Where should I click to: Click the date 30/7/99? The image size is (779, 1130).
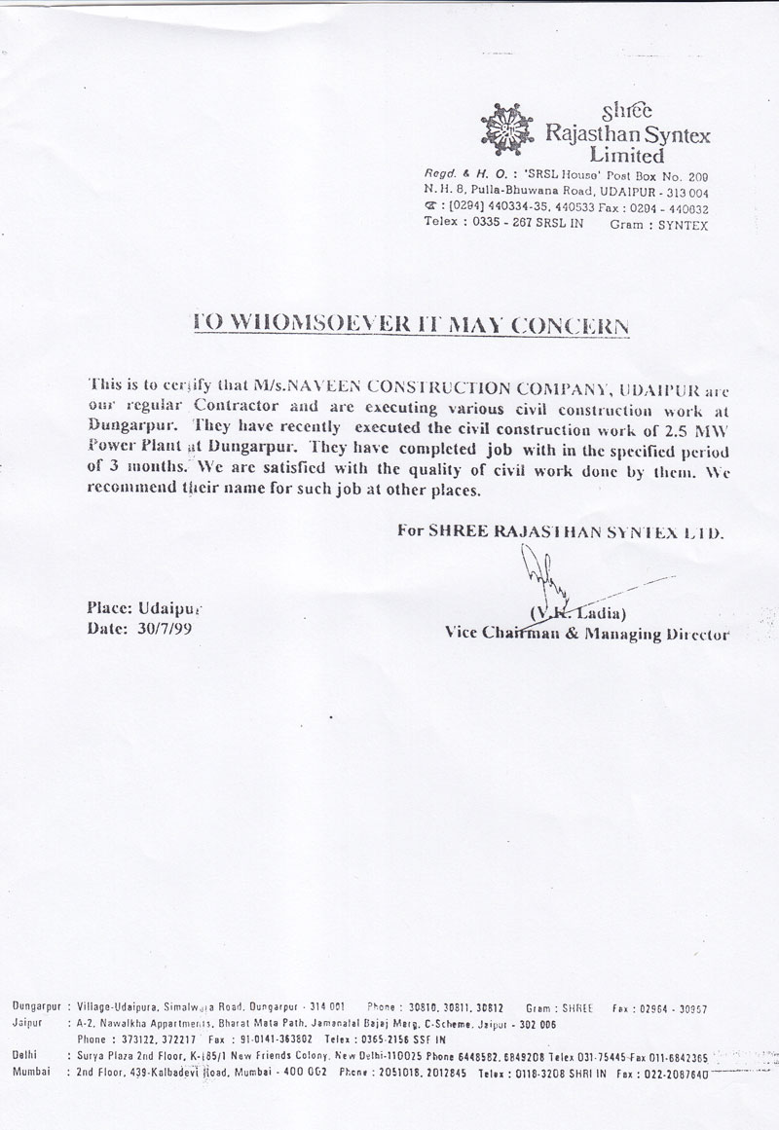(159, 629)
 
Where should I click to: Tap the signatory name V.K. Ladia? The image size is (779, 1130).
(577, 612)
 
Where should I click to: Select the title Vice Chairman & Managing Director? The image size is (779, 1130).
(586, 633)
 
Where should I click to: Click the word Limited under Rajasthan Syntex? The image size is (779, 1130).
(627, 155)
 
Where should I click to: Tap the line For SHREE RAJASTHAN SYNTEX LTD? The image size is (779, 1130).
(560, 531)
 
